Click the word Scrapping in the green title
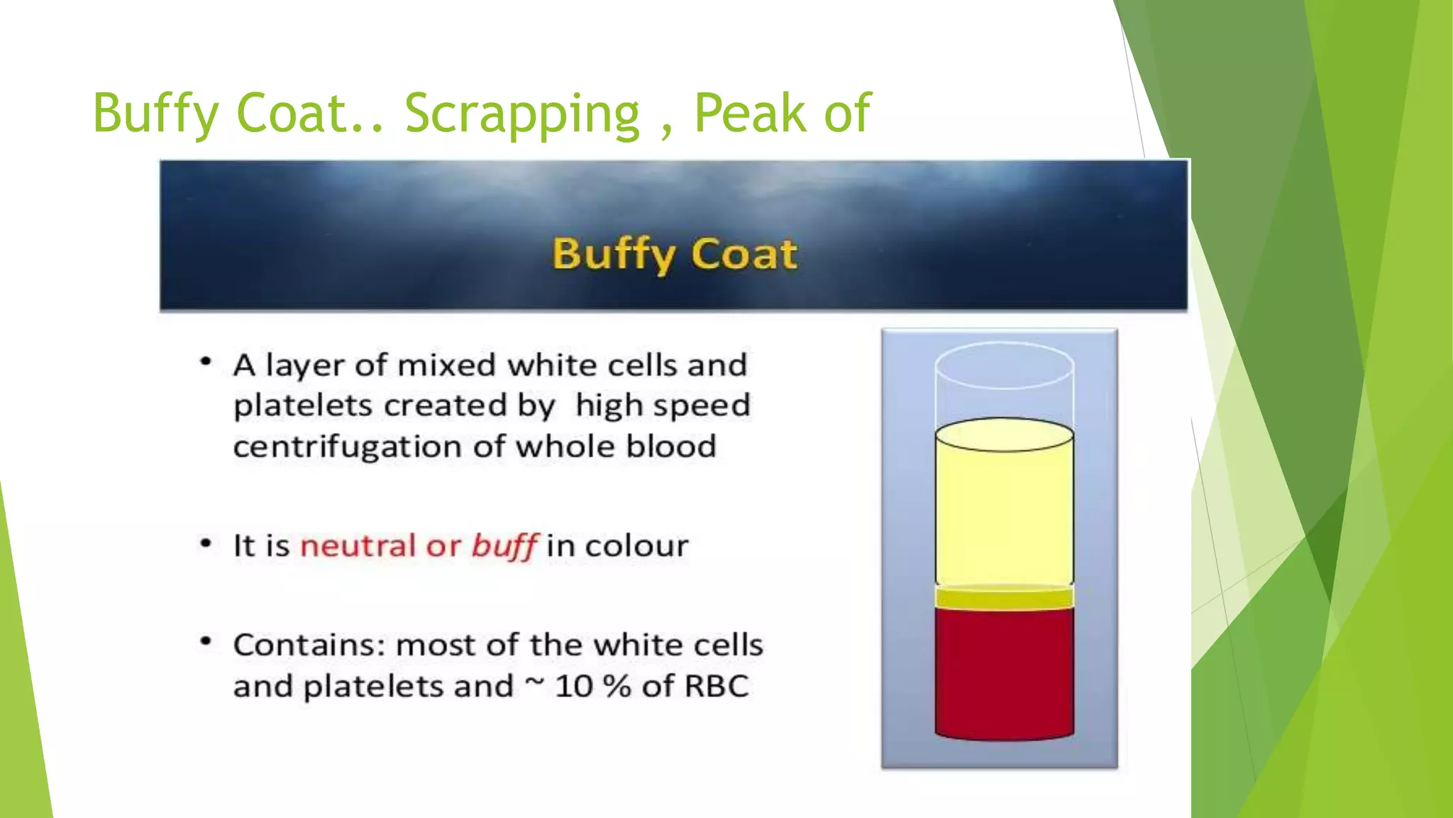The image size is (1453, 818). click(x=522, y=114)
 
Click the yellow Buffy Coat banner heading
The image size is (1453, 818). click(x=675, y=253)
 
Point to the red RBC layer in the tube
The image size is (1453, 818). click(x=1004, y=671)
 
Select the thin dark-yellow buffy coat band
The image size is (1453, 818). click(x=1004, y=598)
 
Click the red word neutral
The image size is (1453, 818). click(x=358, y=545)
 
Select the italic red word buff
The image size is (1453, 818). click(x=504, y=546)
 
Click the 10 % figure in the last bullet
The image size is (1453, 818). click(x=592, y=687)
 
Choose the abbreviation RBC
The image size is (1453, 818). click(x=716, y=687)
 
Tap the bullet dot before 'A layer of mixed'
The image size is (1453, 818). click(x=206, y=362)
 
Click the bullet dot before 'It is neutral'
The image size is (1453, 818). click(x=206, y=544)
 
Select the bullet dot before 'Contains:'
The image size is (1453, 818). click(x=206, y=642)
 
